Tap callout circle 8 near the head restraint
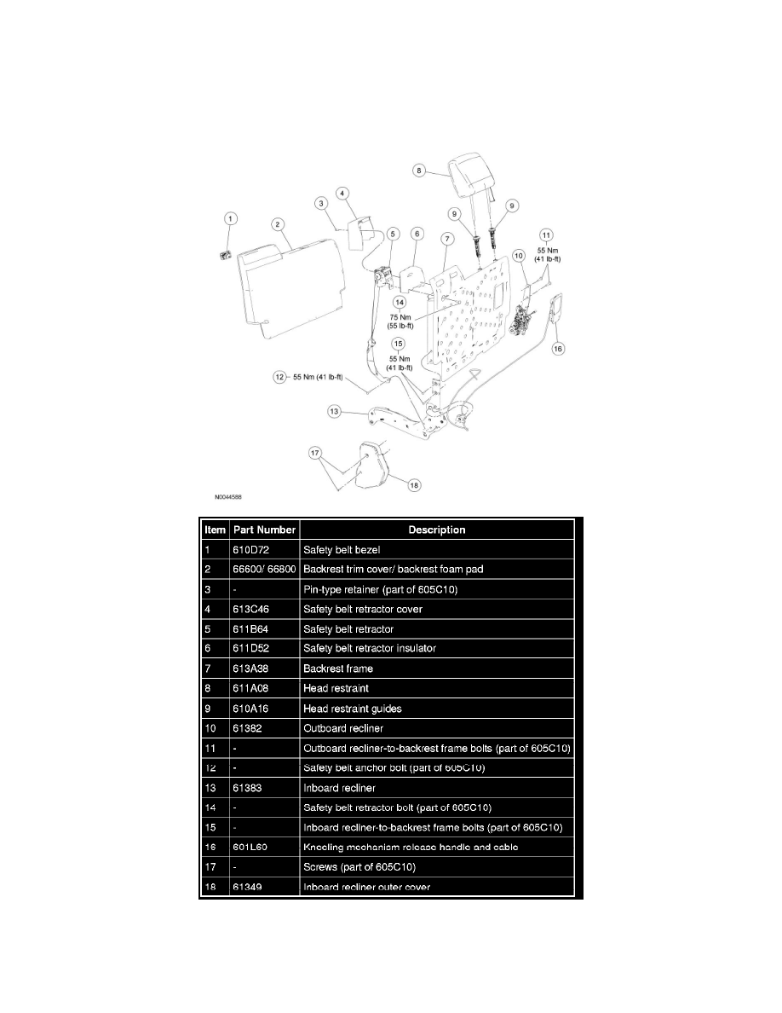(x=418, y=171)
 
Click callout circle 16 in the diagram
(x=558, y=348)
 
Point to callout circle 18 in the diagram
(x=414, y=485)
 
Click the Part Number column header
(x=264, y=530)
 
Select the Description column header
(x=437, y=530)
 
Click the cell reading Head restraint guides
(x=352, y=708)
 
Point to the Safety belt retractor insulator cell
(x=369, y=648)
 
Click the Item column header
(x=215, y=530)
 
